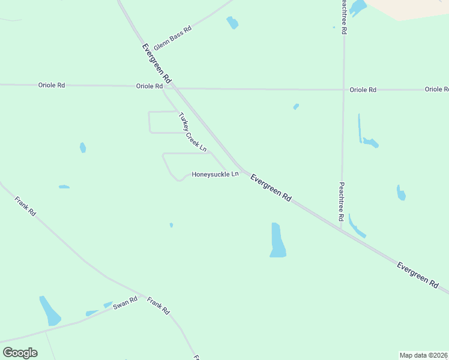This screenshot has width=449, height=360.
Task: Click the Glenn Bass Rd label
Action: pos(172,37)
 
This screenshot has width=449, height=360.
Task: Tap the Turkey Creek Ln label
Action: pos(193,132)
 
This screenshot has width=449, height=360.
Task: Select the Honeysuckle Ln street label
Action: pos(215,174)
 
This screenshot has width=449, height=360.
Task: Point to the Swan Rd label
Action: pos(126,302)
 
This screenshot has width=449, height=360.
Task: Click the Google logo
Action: pos(20,353)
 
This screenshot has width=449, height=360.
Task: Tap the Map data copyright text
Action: pos(424,355)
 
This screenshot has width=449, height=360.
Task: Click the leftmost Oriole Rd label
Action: pos(52,85)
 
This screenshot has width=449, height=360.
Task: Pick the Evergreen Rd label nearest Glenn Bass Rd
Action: pos(157,62)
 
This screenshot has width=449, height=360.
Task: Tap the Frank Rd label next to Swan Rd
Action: pos(159,306)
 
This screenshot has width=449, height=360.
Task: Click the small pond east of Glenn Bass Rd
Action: pos(232,23)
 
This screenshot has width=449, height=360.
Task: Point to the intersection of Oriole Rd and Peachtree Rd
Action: pos(343,89)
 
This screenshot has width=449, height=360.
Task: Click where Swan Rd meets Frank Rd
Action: pos(142,295)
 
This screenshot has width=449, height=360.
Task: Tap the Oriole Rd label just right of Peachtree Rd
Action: pos(363,89)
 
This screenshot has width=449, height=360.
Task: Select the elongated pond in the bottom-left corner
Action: pos(50,311)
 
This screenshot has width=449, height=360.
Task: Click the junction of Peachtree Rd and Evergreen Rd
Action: pos(340,228)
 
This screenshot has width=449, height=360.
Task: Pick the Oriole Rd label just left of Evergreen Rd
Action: pos(149,86)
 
